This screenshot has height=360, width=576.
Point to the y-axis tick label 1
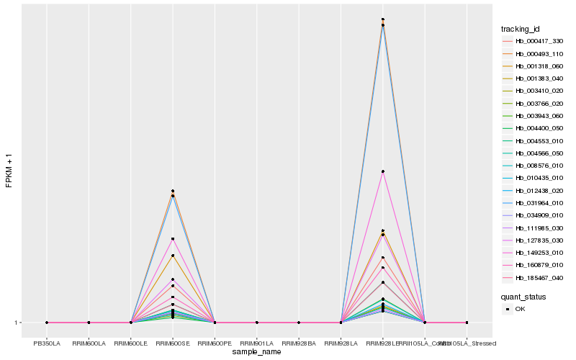pyautogui.click(x=17, y=323)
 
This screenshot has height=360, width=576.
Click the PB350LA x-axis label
pyautogui.click(x=47, y=343)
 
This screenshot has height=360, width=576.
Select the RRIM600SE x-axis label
pyautogui.click(x=173, y=343)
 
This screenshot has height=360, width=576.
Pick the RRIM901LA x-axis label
pyautogui.click(x=257, y=343)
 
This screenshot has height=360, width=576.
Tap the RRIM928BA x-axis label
pyautogui.click(x=299, y=343)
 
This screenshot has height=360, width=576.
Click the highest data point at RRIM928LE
pyautogui.click(x=383, y=19)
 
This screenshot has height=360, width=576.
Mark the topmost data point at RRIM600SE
pyautogui.click(x=173, y=191)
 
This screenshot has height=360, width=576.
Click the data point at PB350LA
pyautogui.click(x=47, y=323)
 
